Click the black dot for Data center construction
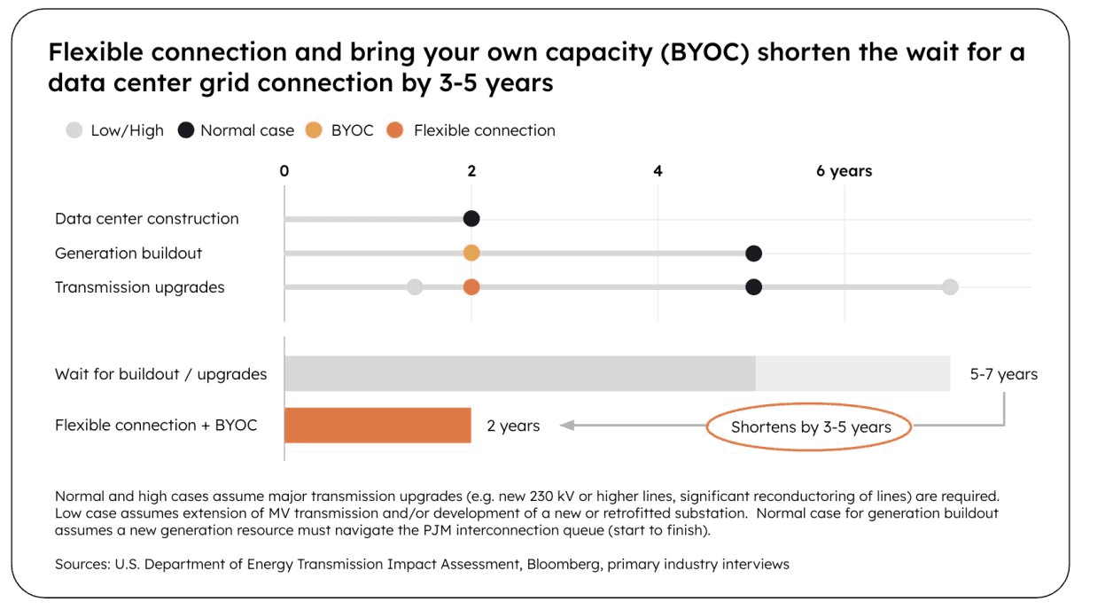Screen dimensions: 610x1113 [471, 219]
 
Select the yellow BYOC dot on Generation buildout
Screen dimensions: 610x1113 [471, 253]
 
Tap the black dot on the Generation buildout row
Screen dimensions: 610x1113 [753, 254]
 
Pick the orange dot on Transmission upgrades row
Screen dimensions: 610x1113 [471, 287]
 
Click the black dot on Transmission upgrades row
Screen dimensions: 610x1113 [753, 287]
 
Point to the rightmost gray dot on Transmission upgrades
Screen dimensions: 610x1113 [950, 287]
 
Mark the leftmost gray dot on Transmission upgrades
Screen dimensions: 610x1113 [415, 287]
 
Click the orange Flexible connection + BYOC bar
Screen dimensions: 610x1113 [377, 426]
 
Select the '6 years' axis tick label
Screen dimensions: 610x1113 [844, 171]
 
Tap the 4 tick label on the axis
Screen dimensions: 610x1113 [658, 171]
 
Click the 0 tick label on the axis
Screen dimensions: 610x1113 [284, 171]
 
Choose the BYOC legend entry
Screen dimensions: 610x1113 [340, 130]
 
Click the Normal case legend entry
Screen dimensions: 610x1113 [236, 130]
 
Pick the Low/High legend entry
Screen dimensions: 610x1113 [115, 130]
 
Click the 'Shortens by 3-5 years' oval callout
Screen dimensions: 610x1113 [810, 427]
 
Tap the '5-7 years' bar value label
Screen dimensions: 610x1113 [1003, 374]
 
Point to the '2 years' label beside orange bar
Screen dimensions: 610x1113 [513, 426]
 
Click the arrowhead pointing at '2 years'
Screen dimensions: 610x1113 [567, 426]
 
